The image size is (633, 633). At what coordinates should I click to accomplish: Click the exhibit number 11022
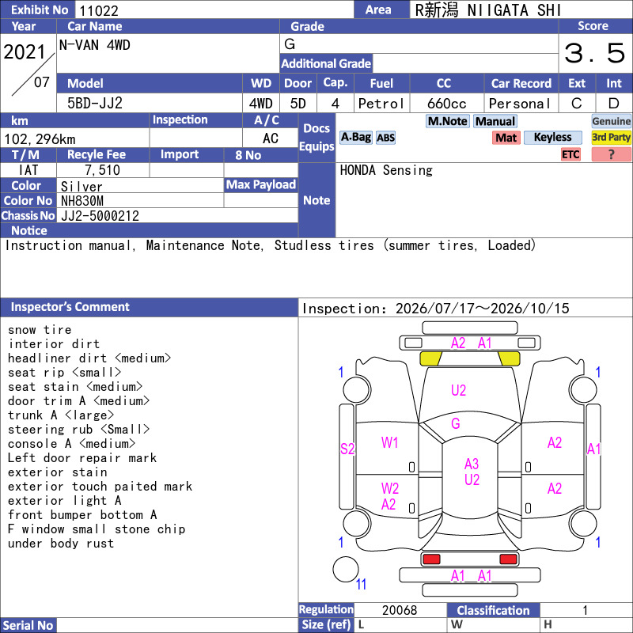pyautogui.click(x=99, y=10)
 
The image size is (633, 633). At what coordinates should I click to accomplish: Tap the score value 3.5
pyautogui.click(x=595, y=53)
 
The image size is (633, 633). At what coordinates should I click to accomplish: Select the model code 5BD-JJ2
pyautogui.click(x=95, y=104)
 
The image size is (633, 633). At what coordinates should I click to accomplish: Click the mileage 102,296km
pyautogui.click(x=40, y=139)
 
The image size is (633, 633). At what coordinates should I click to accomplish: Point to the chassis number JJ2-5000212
pyautogui.click(x=100, y=216)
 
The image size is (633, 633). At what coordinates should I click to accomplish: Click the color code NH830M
pyautogui.click(x=82, y=201)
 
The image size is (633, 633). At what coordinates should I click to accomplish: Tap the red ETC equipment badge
pyautogui.click(x=570, y=154)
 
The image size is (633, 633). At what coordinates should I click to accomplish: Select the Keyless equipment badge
pyautogui.click(x=552, y=137)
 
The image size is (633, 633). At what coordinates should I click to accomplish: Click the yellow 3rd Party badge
pyautogui.click(x=611, y=137)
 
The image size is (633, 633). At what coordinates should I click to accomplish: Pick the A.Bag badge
pyautogui.click(x=356, y=137)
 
